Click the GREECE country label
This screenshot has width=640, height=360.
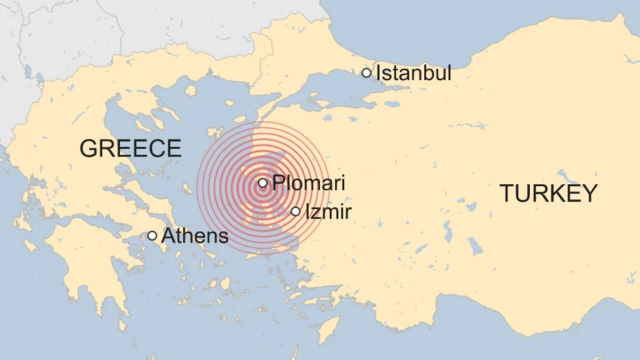tap(130, 149)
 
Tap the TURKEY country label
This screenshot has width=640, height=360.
tap(548, 194)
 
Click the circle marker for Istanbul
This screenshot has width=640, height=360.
tap(367, 72)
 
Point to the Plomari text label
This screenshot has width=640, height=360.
tap(309, 183)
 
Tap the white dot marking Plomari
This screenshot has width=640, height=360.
tap(262, 183)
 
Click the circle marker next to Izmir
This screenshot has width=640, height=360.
tap(295, 212)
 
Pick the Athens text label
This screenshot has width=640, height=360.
tap(195, 237)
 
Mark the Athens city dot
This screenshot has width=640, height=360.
tap(152, 236)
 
